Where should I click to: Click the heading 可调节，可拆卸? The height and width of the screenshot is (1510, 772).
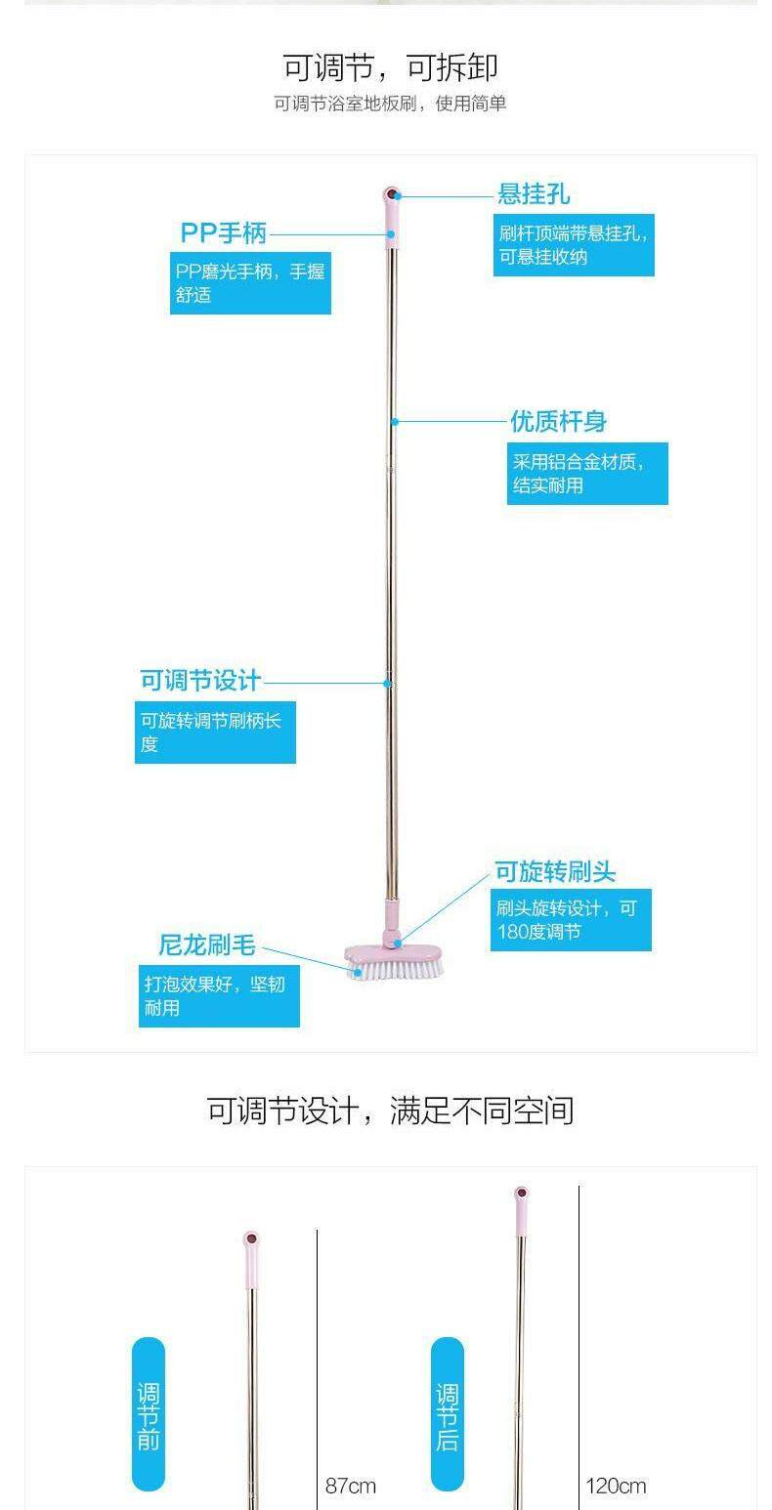pos(390,67)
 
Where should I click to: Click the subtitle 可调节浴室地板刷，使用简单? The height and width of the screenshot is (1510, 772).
pos(390,104)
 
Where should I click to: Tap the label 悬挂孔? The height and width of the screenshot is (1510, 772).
pos(534,193)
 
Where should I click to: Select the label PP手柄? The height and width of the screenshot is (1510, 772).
pos(223,233)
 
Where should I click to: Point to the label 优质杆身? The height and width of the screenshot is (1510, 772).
pos(558,421)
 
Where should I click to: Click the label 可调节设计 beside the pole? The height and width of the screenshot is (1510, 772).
pos(200,681)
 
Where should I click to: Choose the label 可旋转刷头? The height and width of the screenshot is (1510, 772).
pos(555,872)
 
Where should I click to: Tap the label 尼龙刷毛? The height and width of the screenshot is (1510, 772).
pos(207,945)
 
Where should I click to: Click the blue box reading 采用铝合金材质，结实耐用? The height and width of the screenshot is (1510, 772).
pos(587,474)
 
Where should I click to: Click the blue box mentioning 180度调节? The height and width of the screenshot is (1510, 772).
pos(572,920)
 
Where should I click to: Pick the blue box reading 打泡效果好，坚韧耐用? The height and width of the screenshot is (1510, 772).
pos(219,995)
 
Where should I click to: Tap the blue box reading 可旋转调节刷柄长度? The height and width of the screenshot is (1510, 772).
pos(215,732)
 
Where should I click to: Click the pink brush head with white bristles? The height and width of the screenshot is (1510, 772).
pos(393,962)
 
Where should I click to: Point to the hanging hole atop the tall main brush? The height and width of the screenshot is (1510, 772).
pos(391,193)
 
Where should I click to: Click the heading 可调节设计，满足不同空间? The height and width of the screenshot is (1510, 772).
pos(390,1111)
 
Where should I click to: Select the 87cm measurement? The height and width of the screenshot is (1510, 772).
pos(350,1486)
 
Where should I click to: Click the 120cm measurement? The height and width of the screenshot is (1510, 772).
pos(616,1486)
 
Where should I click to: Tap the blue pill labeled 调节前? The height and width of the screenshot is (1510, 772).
pos(149,1414)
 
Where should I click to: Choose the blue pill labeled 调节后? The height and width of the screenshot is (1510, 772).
pos(448,1414)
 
